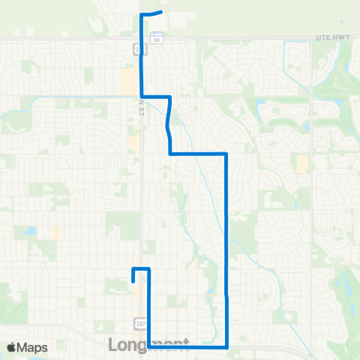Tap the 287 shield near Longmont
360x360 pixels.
(x=139, y=322)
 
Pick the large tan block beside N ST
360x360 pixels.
(x=128, y=81)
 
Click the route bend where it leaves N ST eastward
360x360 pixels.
(x=142, y=96)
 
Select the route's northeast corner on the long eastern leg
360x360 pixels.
(x=226, y=153)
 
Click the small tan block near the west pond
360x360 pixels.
(x=57, y=232)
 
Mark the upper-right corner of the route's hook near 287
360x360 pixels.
(x=150, y=268)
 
